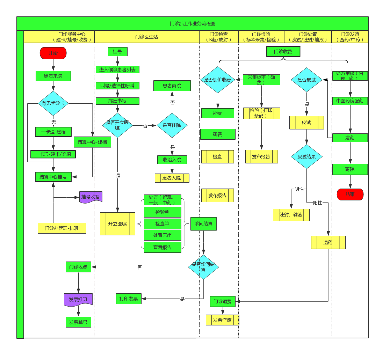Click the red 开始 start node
point(53,53)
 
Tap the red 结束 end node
point(350,194)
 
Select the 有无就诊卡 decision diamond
point(53,103)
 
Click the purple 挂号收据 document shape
point(91,197)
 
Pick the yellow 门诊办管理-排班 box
point(62,228)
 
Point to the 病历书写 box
point(117,101)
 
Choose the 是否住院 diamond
point(172,125)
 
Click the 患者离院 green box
point(172,86)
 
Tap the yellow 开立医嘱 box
point(117,223)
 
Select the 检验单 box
point(162,212)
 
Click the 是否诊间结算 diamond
point(203,267)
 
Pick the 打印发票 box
point(129,299)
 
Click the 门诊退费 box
point(223,301)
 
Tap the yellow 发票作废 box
point(222,320)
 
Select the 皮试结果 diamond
point(306,157)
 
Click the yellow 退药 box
point(328,242)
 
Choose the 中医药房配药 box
point(350,101)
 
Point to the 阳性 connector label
point(317,203)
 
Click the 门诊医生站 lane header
point(146,37)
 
